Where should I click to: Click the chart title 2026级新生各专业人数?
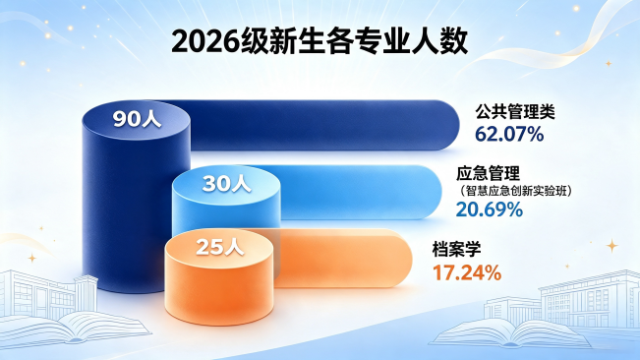[320, 41]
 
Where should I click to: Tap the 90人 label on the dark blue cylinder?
[138, 119]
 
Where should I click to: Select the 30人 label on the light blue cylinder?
[226, 184]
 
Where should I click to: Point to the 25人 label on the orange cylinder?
[220, 247]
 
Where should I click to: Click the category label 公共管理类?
[515, 111]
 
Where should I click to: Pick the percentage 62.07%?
[509, 134]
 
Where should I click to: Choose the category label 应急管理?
[489, 173]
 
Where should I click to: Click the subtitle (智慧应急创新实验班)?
[514, 191]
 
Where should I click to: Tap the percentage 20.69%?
[490, 210]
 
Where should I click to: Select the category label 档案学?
[457, 249]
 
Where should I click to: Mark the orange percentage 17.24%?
[467, 272]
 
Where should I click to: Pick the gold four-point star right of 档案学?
[611, 246]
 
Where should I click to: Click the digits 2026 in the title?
[204, 41]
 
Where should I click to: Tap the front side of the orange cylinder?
[219, 290]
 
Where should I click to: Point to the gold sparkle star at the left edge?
[31, 258]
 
